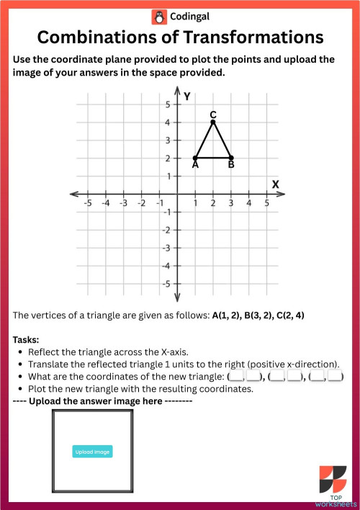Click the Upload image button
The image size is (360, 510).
tap(92, 452)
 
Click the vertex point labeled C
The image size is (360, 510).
tap(213, 122)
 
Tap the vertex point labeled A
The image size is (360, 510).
tap(195, 158)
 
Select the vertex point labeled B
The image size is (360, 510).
tap(231, 158)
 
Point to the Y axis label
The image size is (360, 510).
tap(187, 96)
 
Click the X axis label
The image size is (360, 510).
tap(275, 184)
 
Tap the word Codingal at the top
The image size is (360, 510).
tap(191, 17)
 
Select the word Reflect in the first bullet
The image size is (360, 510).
tap(44, 352)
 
